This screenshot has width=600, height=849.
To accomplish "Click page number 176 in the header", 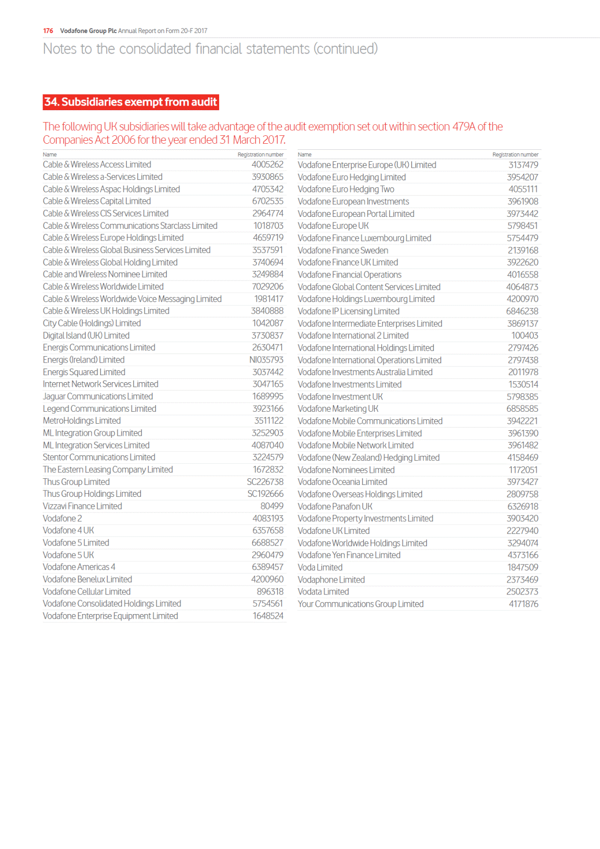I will [x=48, y=31].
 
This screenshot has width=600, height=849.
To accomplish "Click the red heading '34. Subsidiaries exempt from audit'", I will [x=131, y=102].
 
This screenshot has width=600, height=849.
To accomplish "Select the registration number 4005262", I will [x=267, y=164].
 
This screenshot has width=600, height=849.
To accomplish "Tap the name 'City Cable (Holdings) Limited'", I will [x=92, y=323].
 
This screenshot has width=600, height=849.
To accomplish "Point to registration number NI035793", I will [x=266, y=360].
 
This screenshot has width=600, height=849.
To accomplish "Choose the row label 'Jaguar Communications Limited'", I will [x=98, y=396].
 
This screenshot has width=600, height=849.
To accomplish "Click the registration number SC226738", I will [x=265, y=482].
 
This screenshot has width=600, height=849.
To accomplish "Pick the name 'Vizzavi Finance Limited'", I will [x=82, y=506].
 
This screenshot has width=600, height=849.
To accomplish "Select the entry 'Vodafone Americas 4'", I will [x=79, y=567].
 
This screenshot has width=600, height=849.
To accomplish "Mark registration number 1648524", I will [x=268, y=616].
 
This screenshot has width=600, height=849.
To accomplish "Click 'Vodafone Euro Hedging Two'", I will [x=346, y=189].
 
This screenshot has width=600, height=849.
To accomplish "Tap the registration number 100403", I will [x=524, y=336].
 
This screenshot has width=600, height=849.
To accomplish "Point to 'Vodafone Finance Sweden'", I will [x=343, y=250].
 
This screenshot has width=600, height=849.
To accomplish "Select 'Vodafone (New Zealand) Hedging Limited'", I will [x=368, y=457].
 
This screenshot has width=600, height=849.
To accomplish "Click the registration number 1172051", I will [x=523, y=470].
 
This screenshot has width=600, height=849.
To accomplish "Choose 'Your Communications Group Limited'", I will [x=360, y=604].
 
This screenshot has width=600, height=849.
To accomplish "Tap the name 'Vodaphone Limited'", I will [x=331, y=580].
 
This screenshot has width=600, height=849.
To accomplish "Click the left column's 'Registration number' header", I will [x=260, y=155].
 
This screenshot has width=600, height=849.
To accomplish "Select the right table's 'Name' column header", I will [x=304, y=155].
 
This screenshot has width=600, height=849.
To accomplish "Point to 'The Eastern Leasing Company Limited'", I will [x=108, y=469].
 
